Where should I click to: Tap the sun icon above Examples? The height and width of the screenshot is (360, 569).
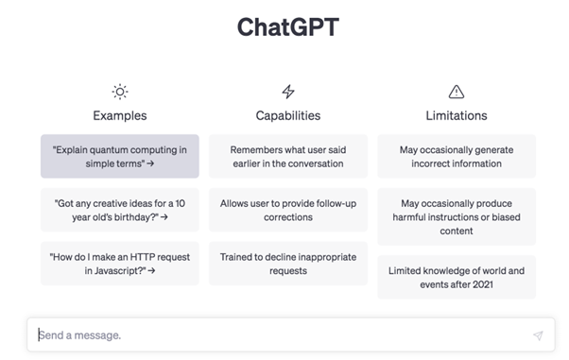tap(120, 92)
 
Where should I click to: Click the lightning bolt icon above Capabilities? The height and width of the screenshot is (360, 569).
tap(288, 92)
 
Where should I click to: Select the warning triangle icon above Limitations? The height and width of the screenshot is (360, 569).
tap(457, 92)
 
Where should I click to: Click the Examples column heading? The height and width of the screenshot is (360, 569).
tap(120, 116)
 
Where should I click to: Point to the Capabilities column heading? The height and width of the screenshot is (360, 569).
tap(288, 116)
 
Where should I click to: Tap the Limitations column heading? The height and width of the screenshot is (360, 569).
tap(457, 116)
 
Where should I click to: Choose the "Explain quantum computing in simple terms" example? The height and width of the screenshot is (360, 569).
tap(120, 156)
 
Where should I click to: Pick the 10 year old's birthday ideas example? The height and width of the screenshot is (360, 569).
tap(120, 210)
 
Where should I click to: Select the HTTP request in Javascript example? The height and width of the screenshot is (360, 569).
tap(120, 264)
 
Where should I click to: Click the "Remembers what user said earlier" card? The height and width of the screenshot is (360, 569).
tap(288, 156)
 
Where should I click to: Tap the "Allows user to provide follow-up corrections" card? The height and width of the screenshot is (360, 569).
tap(288, 210)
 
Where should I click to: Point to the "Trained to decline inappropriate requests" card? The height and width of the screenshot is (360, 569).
tap(288, 264)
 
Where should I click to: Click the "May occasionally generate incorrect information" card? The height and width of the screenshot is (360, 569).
tap(457, 156)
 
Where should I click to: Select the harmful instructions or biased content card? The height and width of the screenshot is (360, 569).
tap(457, 216)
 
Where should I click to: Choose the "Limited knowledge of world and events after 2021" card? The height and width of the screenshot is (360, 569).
tap(457, 277)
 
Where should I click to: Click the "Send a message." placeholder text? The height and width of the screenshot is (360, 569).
tap(80, 335)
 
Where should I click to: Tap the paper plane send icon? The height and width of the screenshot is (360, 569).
tap(538, 335)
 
